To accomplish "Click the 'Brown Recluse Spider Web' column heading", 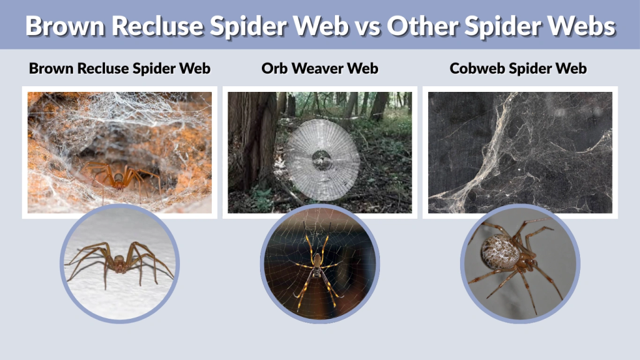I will click(x=119, y=69).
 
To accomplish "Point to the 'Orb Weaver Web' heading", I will click(x=320, y=69).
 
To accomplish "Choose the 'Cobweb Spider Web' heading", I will click(x=518, y=69).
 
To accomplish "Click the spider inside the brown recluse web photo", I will click(x=119, y=176).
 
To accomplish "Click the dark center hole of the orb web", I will click(x=323, y=156).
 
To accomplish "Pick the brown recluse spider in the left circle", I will click(x=119, y=262).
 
